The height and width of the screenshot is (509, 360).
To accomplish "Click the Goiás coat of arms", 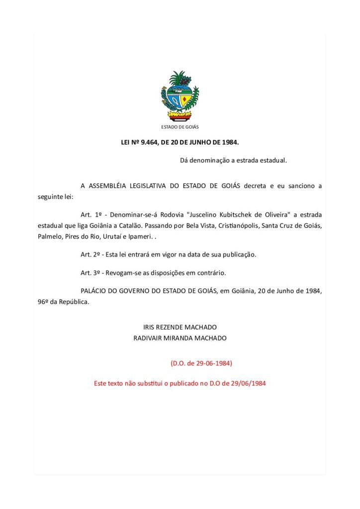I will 180,95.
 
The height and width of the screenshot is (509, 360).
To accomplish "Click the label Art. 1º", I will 91,215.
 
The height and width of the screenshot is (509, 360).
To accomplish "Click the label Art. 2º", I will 91,254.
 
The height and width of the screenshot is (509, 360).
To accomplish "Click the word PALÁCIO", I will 94,291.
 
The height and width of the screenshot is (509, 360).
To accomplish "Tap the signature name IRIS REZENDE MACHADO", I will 180,328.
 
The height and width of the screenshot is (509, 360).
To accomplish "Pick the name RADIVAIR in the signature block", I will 150,338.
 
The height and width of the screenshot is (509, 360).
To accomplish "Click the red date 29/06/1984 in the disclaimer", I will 249,384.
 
